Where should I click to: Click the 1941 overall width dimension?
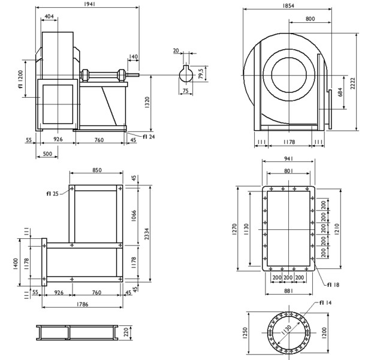(88, 4)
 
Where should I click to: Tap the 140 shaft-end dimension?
(133, 56)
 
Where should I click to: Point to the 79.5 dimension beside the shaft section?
(200, 73)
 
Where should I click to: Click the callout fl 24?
(149, 137)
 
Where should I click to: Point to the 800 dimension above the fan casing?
(309, 19)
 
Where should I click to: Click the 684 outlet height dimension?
(340, 92)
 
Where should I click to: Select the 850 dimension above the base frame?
(96, 170)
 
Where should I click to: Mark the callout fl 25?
(52, 194)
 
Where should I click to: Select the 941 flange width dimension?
(289, 159)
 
